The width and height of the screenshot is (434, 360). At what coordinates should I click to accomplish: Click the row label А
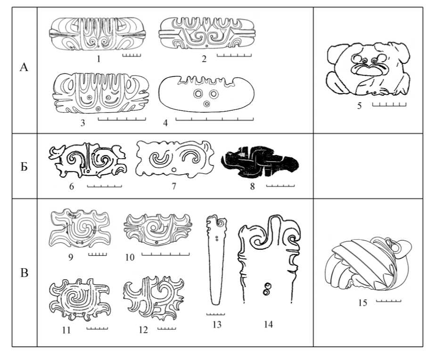(x=24, y=67)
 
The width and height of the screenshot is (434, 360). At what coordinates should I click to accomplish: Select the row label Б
(x=24, y=167)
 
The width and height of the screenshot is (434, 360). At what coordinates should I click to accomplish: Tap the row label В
(x=25, y=273)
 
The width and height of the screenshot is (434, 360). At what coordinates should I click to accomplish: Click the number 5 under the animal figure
(x=359, y=106)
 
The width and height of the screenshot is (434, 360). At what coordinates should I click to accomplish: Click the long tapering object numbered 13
(x=217, y=260)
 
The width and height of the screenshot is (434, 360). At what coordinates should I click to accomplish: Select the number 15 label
(x=362, y=303)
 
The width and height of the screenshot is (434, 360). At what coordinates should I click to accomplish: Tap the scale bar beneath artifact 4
(x=214, y=119)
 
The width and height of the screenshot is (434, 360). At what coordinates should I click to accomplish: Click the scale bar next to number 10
(x=165, y=254)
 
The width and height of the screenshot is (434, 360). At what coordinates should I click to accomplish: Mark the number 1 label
(x=98, y=58)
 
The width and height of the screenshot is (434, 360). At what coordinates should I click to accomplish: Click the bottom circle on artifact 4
(x=206, y=104)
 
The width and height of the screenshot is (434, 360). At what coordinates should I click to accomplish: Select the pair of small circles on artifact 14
(x=267, y=289)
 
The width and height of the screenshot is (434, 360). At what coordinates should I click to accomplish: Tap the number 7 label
(x=174, y=186)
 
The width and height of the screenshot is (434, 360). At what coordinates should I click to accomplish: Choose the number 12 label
(x=143, y=330)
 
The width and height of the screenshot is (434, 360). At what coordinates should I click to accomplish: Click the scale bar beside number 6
(x=104, y=186)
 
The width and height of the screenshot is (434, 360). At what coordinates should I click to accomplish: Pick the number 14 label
(x=268, y=324)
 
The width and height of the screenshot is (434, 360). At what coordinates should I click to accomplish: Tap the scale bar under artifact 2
(x=234, y=55)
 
